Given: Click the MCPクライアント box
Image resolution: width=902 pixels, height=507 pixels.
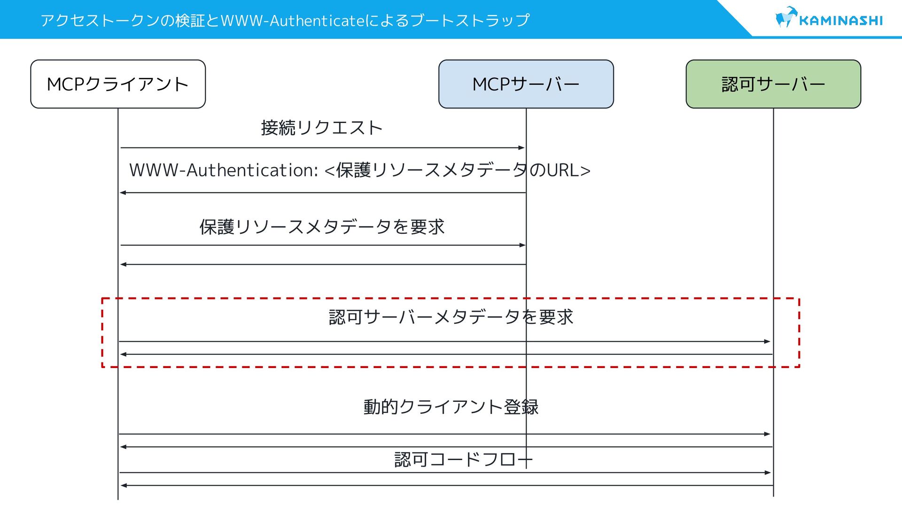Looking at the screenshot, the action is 118,84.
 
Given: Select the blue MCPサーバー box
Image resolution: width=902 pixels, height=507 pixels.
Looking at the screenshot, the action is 526,84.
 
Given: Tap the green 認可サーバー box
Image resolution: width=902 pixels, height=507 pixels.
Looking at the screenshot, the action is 773,84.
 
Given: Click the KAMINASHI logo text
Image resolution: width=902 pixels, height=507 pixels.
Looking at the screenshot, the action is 840,21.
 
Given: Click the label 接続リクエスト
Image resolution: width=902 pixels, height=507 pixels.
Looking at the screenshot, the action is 322,128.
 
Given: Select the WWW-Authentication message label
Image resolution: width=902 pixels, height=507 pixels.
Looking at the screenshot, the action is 359,170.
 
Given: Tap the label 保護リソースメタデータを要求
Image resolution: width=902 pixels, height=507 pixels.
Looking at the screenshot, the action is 322,227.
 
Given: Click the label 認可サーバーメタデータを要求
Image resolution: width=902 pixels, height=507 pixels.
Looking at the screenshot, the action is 451,317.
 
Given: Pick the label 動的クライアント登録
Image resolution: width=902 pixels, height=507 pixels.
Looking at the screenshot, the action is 451,407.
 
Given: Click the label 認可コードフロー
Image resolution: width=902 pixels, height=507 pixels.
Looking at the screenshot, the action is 463,459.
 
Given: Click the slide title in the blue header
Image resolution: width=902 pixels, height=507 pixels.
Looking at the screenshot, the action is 285,20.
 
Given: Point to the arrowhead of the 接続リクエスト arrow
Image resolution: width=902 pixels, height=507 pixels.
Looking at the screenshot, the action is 521,148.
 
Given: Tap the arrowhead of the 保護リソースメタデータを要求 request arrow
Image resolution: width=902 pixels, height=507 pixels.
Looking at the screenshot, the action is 522,245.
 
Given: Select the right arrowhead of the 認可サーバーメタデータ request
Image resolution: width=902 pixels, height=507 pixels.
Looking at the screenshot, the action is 768,341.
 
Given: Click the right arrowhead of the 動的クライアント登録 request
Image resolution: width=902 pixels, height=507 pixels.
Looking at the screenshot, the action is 768,434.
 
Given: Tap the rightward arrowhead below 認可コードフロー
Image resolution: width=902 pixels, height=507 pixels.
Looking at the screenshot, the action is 768,473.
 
